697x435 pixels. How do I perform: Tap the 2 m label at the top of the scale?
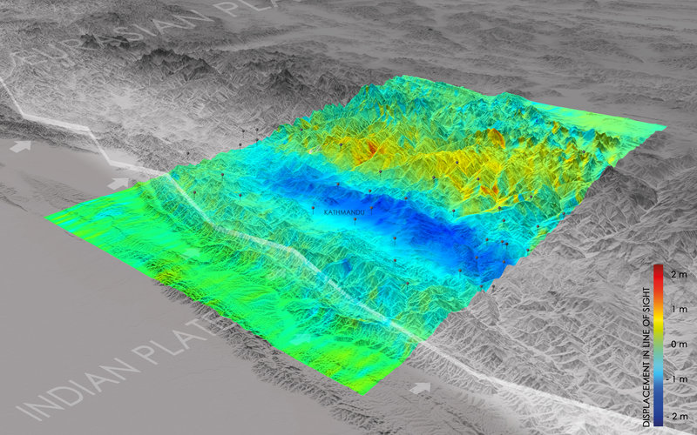coord(680,275)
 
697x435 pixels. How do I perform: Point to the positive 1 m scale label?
coord(680,310)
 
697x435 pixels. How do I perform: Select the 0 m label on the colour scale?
coord(680,345)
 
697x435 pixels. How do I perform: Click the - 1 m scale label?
coord(678,380)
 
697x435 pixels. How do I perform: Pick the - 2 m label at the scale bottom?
coord(678,416)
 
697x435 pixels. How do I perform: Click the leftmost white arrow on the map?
coord(20,147)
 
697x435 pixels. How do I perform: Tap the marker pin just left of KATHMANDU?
coord(315,208)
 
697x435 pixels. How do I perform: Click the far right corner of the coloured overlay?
coord(666,128)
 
